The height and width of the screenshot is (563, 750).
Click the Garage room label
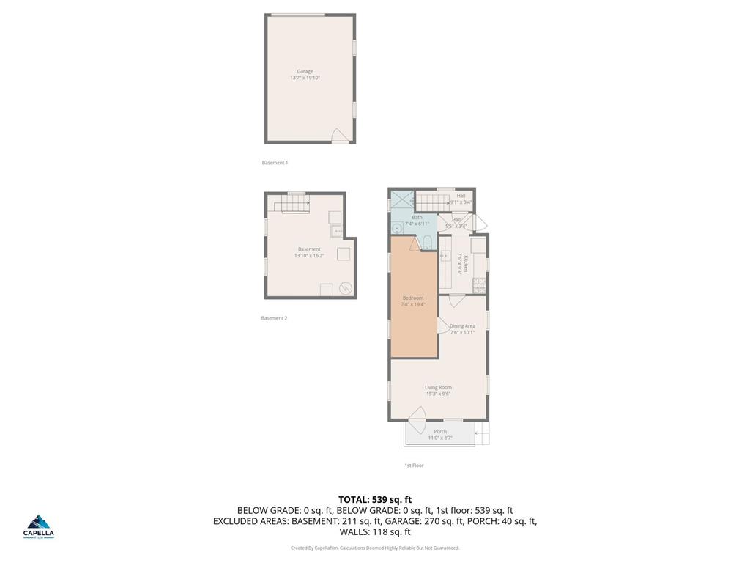tap(305, 71)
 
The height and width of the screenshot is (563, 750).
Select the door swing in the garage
tap(338, 136)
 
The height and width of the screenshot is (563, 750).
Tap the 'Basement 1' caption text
tap(275, 163)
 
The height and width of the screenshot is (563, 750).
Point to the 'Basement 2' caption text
tap(274, 318)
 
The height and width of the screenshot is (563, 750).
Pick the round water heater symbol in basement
tap(346, 288)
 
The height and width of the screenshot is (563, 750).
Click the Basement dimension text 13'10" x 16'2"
tap(308, 256)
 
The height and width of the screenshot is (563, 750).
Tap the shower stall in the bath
tap(401, 200)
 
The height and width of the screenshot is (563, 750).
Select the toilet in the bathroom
tap(427, 243)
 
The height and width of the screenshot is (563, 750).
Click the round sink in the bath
tap(396, 227)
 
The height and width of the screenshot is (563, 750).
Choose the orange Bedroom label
tap(413, 298)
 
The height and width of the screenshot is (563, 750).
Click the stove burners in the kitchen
tap(478, 282)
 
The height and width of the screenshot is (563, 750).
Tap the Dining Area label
tap(462, 325)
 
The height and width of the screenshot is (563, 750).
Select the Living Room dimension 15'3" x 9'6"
tap(438, 394)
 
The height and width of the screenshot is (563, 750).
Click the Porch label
tap(440, 431)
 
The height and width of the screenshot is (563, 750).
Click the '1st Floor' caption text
tap(414, 466)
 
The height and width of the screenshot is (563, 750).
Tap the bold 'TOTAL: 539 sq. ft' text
tap(375, 499)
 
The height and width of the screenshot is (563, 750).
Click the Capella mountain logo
tap(40, 523)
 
